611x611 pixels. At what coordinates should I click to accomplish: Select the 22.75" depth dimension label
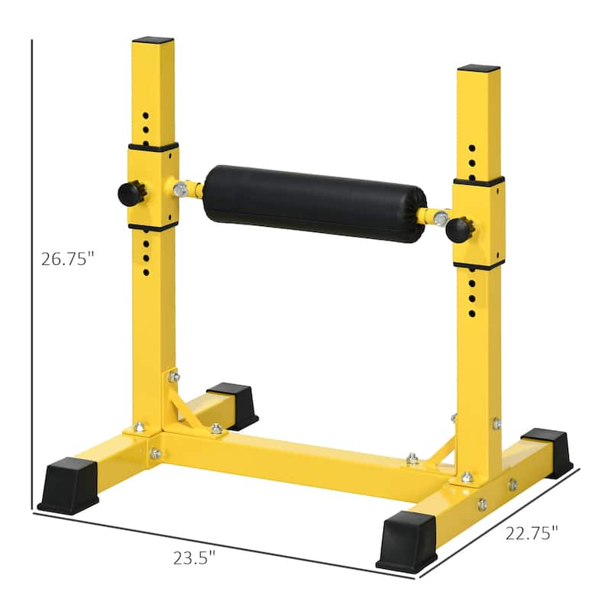[532, 533]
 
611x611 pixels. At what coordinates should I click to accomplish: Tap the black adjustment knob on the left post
[131, 192]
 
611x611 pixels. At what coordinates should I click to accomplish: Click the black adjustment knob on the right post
[460, 228]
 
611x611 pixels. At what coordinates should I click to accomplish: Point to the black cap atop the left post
[153, 40]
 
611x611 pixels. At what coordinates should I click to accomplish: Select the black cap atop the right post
[479, 68]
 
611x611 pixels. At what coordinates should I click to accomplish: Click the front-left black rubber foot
[68, 485]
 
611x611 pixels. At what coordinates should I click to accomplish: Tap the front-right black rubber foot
[406, 541]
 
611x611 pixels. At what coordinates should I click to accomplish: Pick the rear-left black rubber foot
[234, 403]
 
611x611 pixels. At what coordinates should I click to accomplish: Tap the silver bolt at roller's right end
[440, 218]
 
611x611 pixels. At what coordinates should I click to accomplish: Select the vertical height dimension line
[32, 275]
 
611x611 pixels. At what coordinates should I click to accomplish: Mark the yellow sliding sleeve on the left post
[153, 186]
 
